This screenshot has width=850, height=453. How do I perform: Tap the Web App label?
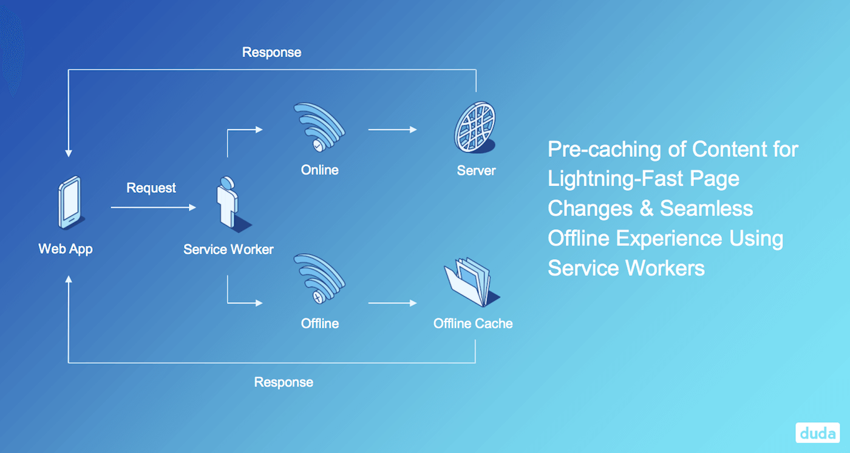click(66, 249)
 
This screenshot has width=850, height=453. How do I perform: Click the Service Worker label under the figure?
click(228, 249)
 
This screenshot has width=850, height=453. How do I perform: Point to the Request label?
click(151, 188)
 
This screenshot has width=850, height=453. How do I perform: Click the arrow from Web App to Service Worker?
click(153, 208)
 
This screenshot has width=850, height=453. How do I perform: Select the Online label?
click(319, 170)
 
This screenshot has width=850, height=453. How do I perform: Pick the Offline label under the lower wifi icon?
click(319, 323)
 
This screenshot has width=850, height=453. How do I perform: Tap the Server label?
click(476, 170)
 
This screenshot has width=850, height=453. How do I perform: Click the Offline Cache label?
click(473, 323)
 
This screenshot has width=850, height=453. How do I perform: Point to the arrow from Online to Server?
click(392, 130)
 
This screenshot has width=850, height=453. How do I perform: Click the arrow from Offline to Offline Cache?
click(392, 303)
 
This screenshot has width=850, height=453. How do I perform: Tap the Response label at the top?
click(271, 52)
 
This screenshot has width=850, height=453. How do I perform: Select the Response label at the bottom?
click(284, 382)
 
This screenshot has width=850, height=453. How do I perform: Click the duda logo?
click(817, 432)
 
